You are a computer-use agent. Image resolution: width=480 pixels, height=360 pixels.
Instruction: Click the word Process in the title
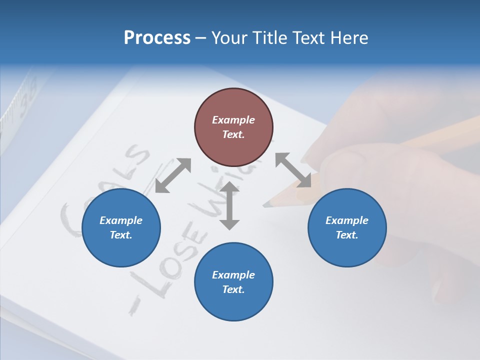[157, 38]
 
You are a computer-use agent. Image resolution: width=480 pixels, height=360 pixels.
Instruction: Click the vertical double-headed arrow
[229, 206]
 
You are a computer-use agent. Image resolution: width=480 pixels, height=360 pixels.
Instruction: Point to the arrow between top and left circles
[173, 175]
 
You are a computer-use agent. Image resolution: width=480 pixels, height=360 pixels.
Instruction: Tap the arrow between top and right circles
[293, 170]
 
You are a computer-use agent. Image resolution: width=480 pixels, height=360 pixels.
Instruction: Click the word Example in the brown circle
[233, 120]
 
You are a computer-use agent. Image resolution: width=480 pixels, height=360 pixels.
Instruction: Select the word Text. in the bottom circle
[233, 289]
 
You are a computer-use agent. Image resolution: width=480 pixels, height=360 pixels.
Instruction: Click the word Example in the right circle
[347, 220]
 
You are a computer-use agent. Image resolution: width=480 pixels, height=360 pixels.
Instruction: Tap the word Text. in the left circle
[121, 235]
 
